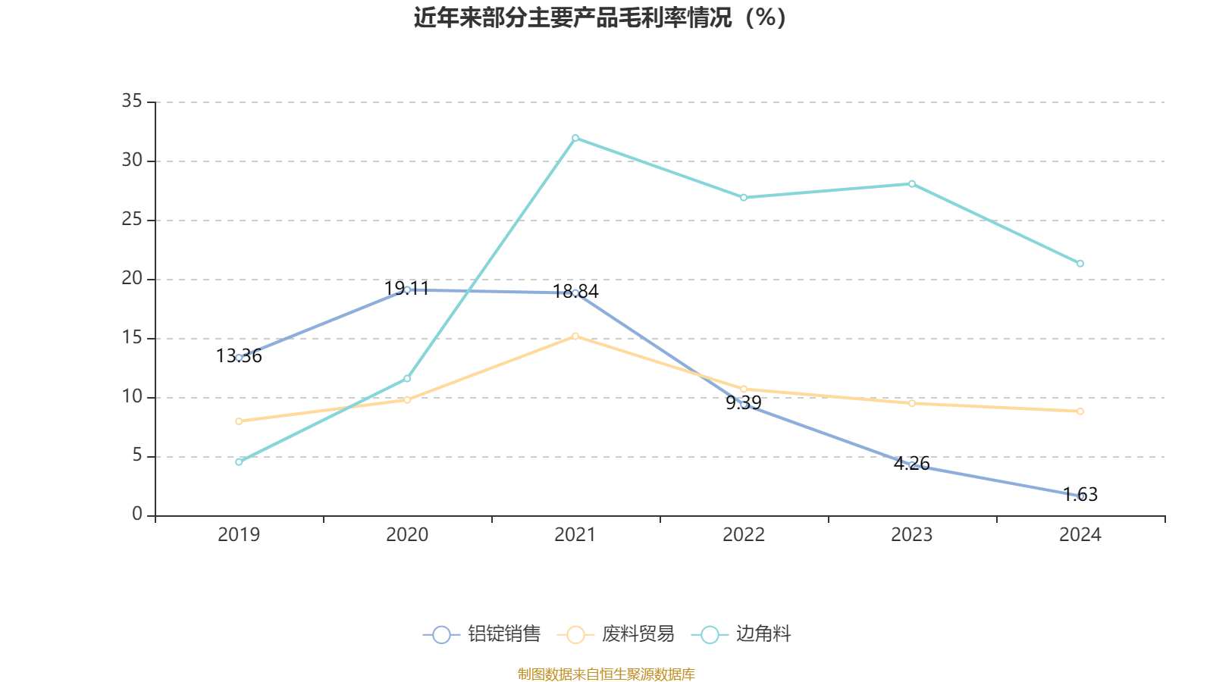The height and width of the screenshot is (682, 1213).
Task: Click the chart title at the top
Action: (x=600, y=17)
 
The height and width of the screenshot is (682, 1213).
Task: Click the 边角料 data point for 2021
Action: (x=575, y=138)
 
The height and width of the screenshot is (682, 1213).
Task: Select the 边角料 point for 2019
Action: (x=239, y=461)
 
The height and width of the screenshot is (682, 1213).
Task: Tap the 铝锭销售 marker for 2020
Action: (x=407, y=289)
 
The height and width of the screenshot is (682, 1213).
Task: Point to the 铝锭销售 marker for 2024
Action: (x=1080, y=496)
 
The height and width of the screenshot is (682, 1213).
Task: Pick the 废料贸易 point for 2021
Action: (x=575, y=336)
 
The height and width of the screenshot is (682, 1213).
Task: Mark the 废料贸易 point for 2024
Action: (x=1080, y=411)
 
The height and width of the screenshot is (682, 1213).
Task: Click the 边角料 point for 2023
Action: (x=912, y=183)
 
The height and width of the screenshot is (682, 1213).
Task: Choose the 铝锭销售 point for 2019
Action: (x=239, y=357)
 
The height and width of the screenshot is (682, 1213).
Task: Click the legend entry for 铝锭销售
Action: (x=482, y=634)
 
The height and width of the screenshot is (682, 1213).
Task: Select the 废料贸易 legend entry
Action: (x=616, y=634)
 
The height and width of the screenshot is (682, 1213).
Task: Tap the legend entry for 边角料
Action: (x=743, y=634)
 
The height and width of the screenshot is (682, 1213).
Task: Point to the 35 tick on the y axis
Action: (x=132, y=102)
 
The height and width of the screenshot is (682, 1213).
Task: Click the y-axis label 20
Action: (x=132, y=279)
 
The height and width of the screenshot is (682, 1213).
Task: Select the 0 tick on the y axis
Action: (x=137, y=515)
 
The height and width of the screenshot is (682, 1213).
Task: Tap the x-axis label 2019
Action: (x=239, y=535)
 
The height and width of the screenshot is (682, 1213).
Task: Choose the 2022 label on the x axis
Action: (x=744, y=535)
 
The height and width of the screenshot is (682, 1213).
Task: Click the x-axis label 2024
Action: (x=1080, y=535)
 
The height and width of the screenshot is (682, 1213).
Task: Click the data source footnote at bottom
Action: (x=606, y=674)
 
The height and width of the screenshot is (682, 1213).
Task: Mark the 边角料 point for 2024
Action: (x=1080, y=264)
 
